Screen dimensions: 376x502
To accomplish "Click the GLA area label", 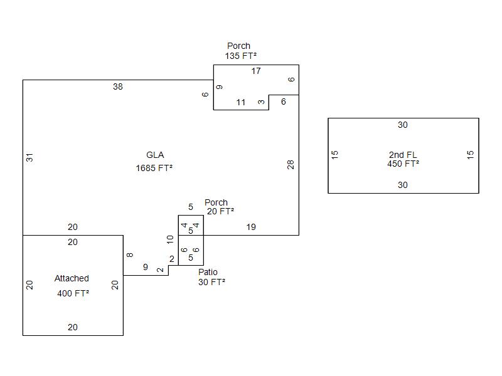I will tap(155, 155).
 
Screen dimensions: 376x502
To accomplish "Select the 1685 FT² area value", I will tap(154, 168).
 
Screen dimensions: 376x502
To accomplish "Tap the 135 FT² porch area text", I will tap(240, 56).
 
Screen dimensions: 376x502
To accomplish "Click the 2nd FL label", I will tap(403, 155).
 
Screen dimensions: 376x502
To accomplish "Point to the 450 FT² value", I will tap(403, 164).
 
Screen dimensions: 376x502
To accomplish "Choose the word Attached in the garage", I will tap(72, 278).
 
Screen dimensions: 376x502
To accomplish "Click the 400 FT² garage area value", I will tap(73, 293).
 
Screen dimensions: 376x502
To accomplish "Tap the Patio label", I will tap(208, 272).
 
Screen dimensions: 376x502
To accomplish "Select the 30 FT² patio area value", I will tap(211, 282).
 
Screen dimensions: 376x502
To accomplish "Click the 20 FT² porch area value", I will tap(220, 211).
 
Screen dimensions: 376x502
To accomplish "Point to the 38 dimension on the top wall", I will tap(118, 86).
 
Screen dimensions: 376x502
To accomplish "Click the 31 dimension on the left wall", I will tap(29, 158).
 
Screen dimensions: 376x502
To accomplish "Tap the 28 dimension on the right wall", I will tap(291, 165).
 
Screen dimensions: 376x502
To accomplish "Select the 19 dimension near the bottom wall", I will tap(251, 227).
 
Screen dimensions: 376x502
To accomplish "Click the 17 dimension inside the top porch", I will tap(256, 71).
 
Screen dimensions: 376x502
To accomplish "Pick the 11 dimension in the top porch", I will tap(241, 102).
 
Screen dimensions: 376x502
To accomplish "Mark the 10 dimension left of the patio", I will tap(170, 239).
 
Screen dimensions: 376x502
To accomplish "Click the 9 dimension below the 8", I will tap(146, 267).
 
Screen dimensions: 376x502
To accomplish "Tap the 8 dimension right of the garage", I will tap(130, 255).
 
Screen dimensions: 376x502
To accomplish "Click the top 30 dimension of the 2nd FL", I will tap(403, 125).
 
